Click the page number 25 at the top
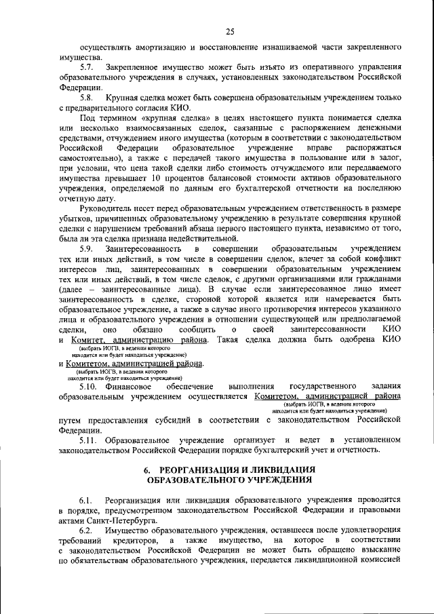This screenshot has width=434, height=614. [x=230, y=31]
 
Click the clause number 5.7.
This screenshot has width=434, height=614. [x=87, y=68]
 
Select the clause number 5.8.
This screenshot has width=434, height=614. [x=87, y=98]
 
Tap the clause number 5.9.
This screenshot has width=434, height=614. [x=87, y=249]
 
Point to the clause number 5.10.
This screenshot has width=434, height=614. [x=90, y=385]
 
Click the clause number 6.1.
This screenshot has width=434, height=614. [x=87, y=499]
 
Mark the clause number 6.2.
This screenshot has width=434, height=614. [x=87, y=529]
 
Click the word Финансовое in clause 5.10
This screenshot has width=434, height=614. [x=128, y=385]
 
